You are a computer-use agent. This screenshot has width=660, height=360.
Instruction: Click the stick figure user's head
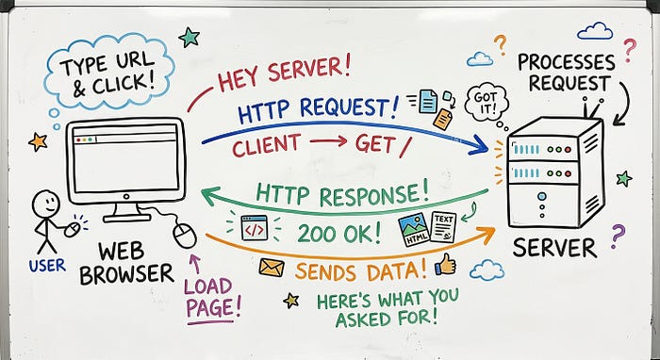[x=46, y=204]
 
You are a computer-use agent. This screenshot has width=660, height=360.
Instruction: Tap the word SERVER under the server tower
[x=554, y=248]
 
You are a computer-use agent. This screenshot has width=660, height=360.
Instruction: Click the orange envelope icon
[x=272, y=267]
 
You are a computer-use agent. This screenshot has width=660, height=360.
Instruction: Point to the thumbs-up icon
[x=445, y=265]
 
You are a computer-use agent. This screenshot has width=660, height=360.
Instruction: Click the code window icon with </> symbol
[x=255, y=227]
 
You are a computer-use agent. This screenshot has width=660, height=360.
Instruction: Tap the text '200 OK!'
[x=339, y=234]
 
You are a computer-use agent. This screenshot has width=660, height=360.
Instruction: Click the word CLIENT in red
[x=267, y=145]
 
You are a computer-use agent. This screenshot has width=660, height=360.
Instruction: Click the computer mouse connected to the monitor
[x=185, y=235]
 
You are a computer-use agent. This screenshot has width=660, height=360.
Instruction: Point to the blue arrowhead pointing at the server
[x=479, y=145]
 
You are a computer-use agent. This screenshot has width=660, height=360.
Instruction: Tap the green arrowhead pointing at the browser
[x=211, y=196]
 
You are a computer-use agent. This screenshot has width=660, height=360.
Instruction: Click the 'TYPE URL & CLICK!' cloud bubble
[x=109, y=73]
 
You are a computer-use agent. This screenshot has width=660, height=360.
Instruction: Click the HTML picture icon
[x=414, y=229]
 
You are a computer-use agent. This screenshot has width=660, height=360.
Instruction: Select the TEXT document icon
[x=444, y=226]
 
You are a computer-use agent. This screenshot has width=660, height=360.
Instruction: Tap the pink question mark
[x=629, y=50]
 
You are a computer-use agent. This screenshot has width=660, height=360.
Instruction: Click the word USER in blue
[x=47, y=266]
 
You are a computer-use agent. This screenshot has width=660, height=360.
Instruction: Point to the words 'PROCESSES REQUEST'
[x=567, y=73]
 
